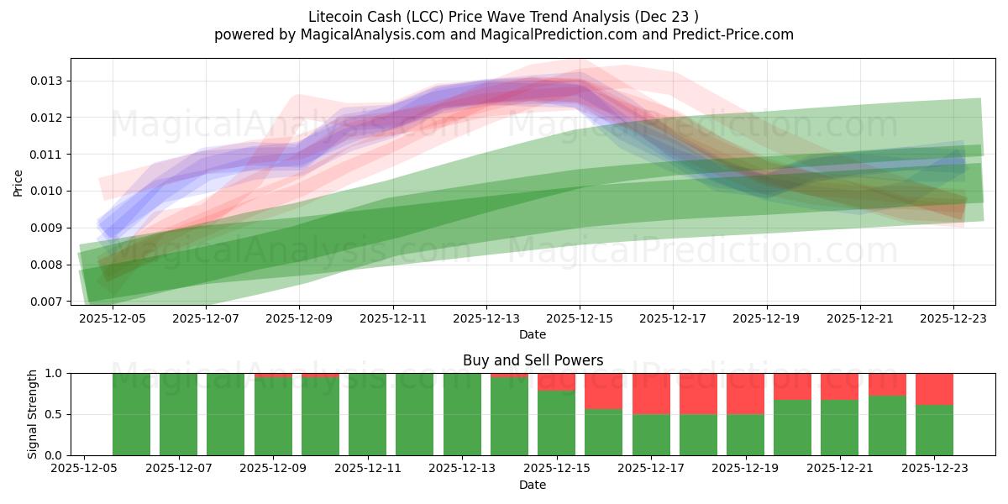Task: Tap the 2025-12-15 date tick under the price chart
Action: click(x=579, y=318)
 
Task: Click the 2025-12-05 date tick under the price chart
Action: click(x=113, y=318)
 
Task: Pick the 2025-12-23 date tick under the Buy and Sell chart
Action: click(x=934, y=469)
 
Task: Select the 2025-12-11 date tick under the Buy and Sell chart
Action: click(x=368, y=469)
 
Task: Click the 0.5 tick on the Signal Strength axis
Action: click(x=55, y=414)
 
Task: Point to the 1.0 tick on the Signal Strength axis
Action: click(x=55, y=373)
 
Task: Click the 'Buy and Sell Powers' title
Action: click(x=533, y=360)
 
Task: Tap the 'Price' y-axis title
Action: click(x=18, y=181)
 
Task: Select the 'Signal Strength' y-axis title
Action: click(x=32, y=414)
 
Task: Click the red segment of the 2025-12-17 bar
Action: click(x=651, y=393)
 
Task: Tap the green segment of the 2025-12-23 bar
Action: click(x=934, y=430)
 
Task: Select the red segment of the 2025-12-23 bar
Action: click(x=934, y=389)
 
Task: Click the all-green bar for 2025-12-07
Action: click(x=178, y=414)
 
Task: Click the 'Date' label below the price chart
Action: click(x=533, y=334)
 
